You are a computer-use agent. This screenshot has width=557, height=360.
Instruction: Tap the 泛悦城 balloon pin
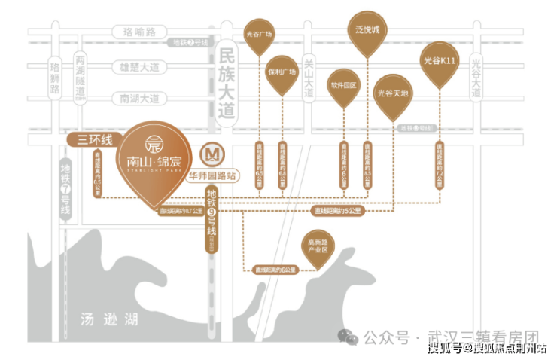(x=368, y=35)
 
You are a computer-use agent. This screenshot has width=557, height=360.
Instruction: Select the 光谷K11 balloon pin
(x=440, y=63)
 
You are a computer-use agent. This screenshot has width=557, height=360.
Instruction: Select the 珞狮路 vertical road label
(x=54, y=78)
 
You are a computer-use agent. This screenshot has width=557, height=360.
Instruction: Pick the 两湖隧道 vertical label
(x=80, y=75)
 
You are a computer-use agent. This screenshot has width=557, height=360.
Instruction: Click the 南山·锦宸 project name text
(x=151, y=159)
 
